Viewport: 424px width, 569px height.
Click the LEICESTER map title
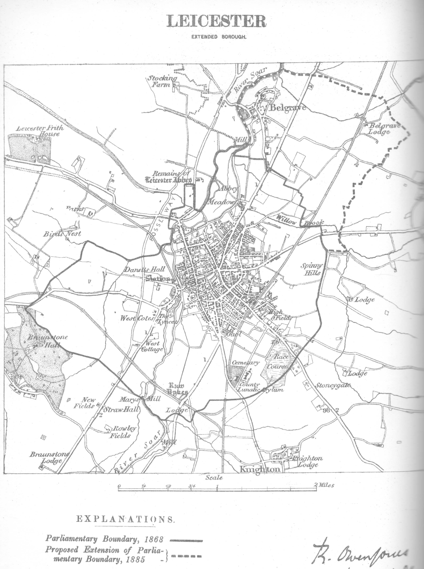(x=216, y=21)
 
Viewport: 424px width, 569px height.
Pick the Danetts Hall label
(x=144, y=269)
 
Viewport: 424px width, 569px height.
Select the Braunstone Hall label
(x=48, y=341)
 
